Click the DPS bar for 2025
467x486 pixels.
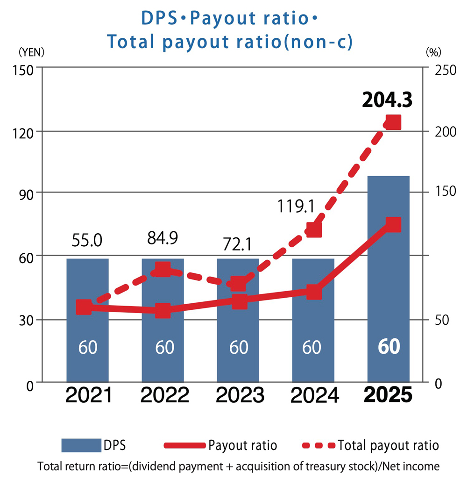389,280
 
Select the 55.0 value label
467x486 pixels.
87,241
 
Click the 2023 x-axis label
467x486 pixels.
239,396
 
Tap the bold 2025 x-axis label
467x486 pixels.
389,396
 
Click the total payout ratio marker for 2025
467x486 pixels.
393,122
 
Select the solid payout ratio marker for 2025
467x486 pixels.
393,224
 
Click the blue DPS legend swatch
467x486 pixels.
81,445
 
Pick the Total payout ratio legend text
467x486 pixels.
388,445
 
